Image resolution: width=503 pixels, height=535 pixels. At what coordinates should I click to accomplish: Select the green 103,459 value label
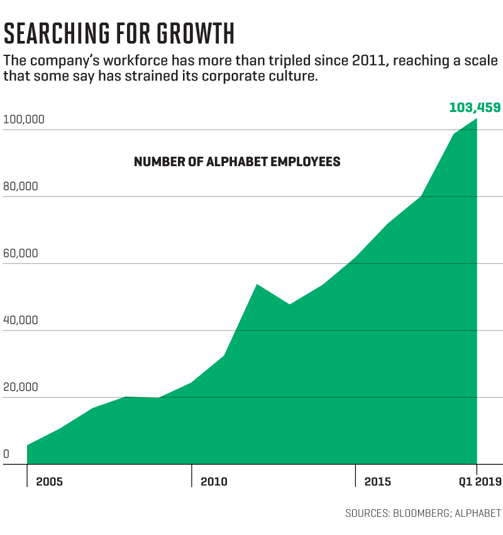[x=475, y=107]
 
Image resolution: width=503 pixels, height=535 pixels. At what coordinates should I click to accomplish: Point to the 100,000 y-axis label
[x=23, y=120]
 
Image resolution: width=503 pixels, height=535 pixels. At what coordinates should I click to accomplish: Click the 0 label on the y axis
[x=6, y=454]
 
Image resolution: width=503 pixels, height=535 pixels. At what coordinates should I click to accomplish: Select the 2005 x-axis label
[x=49, y=482]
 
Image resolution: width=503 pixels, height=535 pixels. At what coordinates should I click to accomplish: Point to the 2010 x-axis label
[x=214, y=482]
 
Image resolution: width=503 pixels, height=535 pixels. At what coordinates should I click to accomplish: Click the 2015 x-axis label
[x=377, y=482]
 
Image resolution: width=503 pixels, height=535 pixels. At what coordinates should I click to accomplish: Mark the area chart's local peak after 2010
[x=257, y=284]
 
